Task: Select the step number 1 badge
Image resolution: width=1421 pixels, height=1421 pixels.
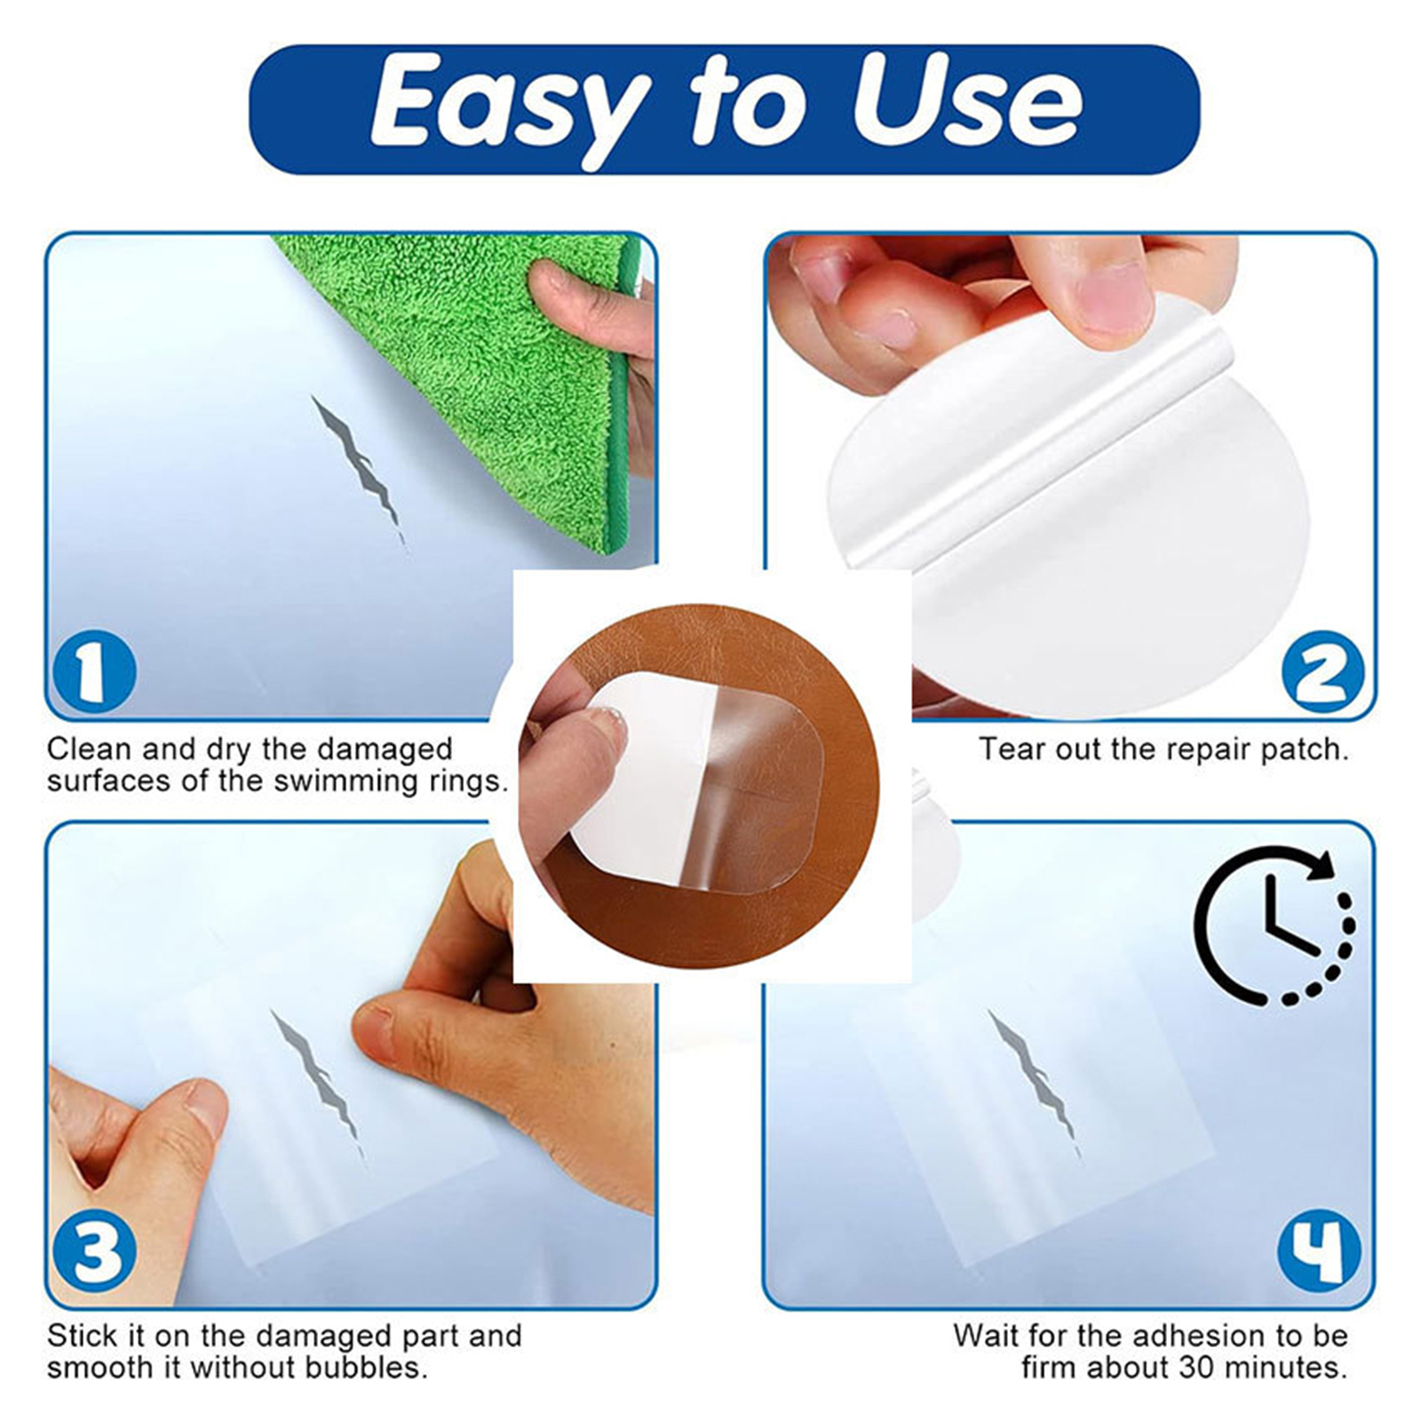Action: [x=94, y=673]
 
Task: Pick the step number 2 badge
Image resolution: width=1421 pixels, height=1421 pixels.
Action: [x=1323, y=673]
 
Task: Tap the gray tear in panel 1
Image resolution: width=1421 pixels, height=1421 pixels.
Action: [x=359, y=472]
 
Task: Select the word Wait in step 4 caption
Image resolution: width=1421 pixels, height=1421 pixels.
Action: [x=986, y=1335]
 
